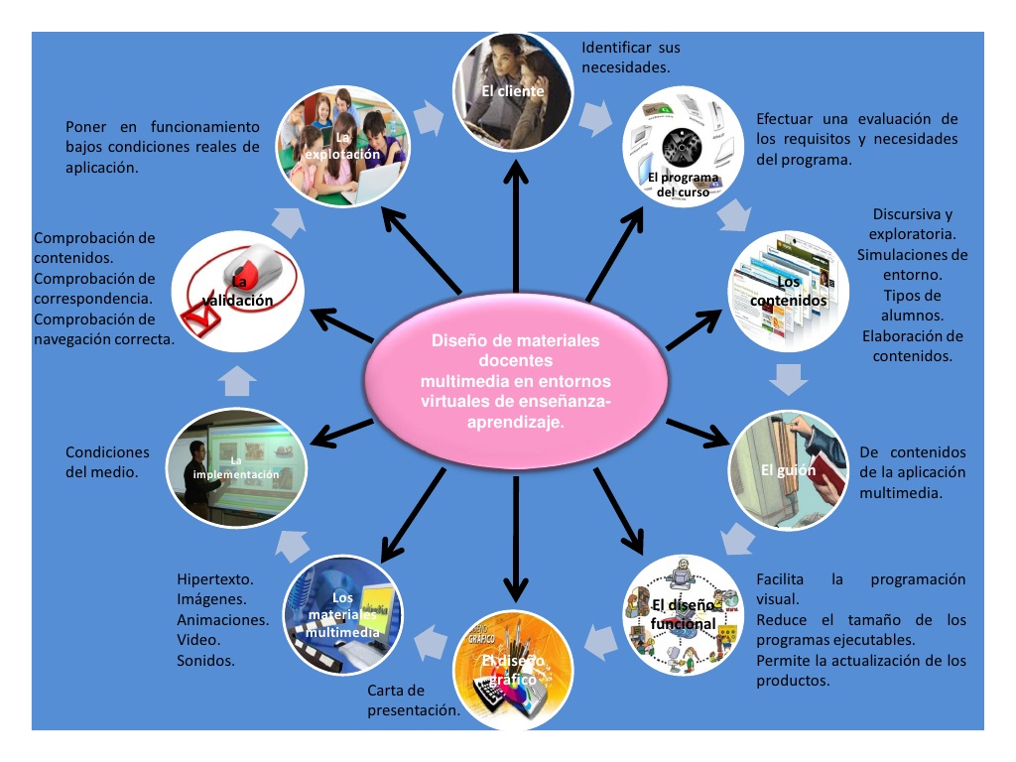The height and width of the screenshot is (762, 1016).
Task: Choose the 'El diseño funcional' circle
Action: click(684, 614)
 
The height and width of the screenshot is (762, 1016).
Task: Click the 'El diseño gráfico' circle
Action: click(513, 668)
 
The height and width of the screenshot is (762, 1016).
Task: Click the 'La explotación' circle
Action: click(342, 146)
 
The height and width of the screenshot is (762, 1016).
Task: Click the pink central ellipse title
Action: click(515, 381)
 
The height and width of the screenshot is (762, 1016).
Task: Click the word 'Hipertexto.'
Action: click(215, 578)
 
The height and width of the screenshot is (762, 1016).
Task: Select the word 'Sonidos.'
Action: click(205, 660)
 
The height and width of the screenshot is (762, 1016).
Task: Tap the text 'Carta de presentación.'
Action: click(413, 700)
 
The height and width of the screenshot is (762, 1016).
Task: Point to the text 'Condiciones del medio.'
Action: click(107, 462)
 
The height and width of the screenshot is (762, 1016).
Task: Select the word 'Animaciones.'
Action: click(223, 619)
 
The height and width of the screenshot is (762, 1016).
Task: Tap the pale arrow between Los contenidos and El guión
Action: click(791, 378)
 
